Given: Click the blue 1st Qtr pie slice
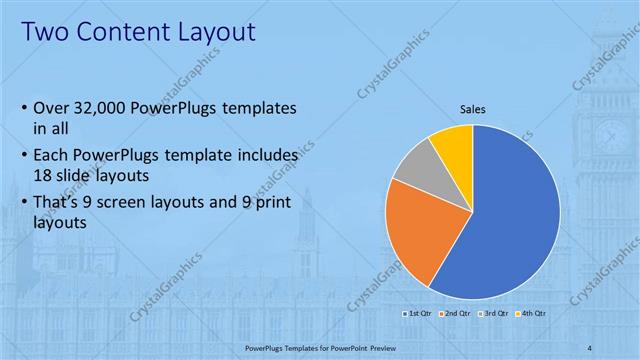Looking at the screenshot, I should pos(510,220).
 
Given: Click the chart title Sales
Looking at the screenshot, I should pos(473,111).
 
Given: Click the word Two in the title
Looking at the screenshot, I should pos(45,32).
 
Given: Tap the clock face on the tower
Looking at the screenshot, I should pos(612,134).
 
